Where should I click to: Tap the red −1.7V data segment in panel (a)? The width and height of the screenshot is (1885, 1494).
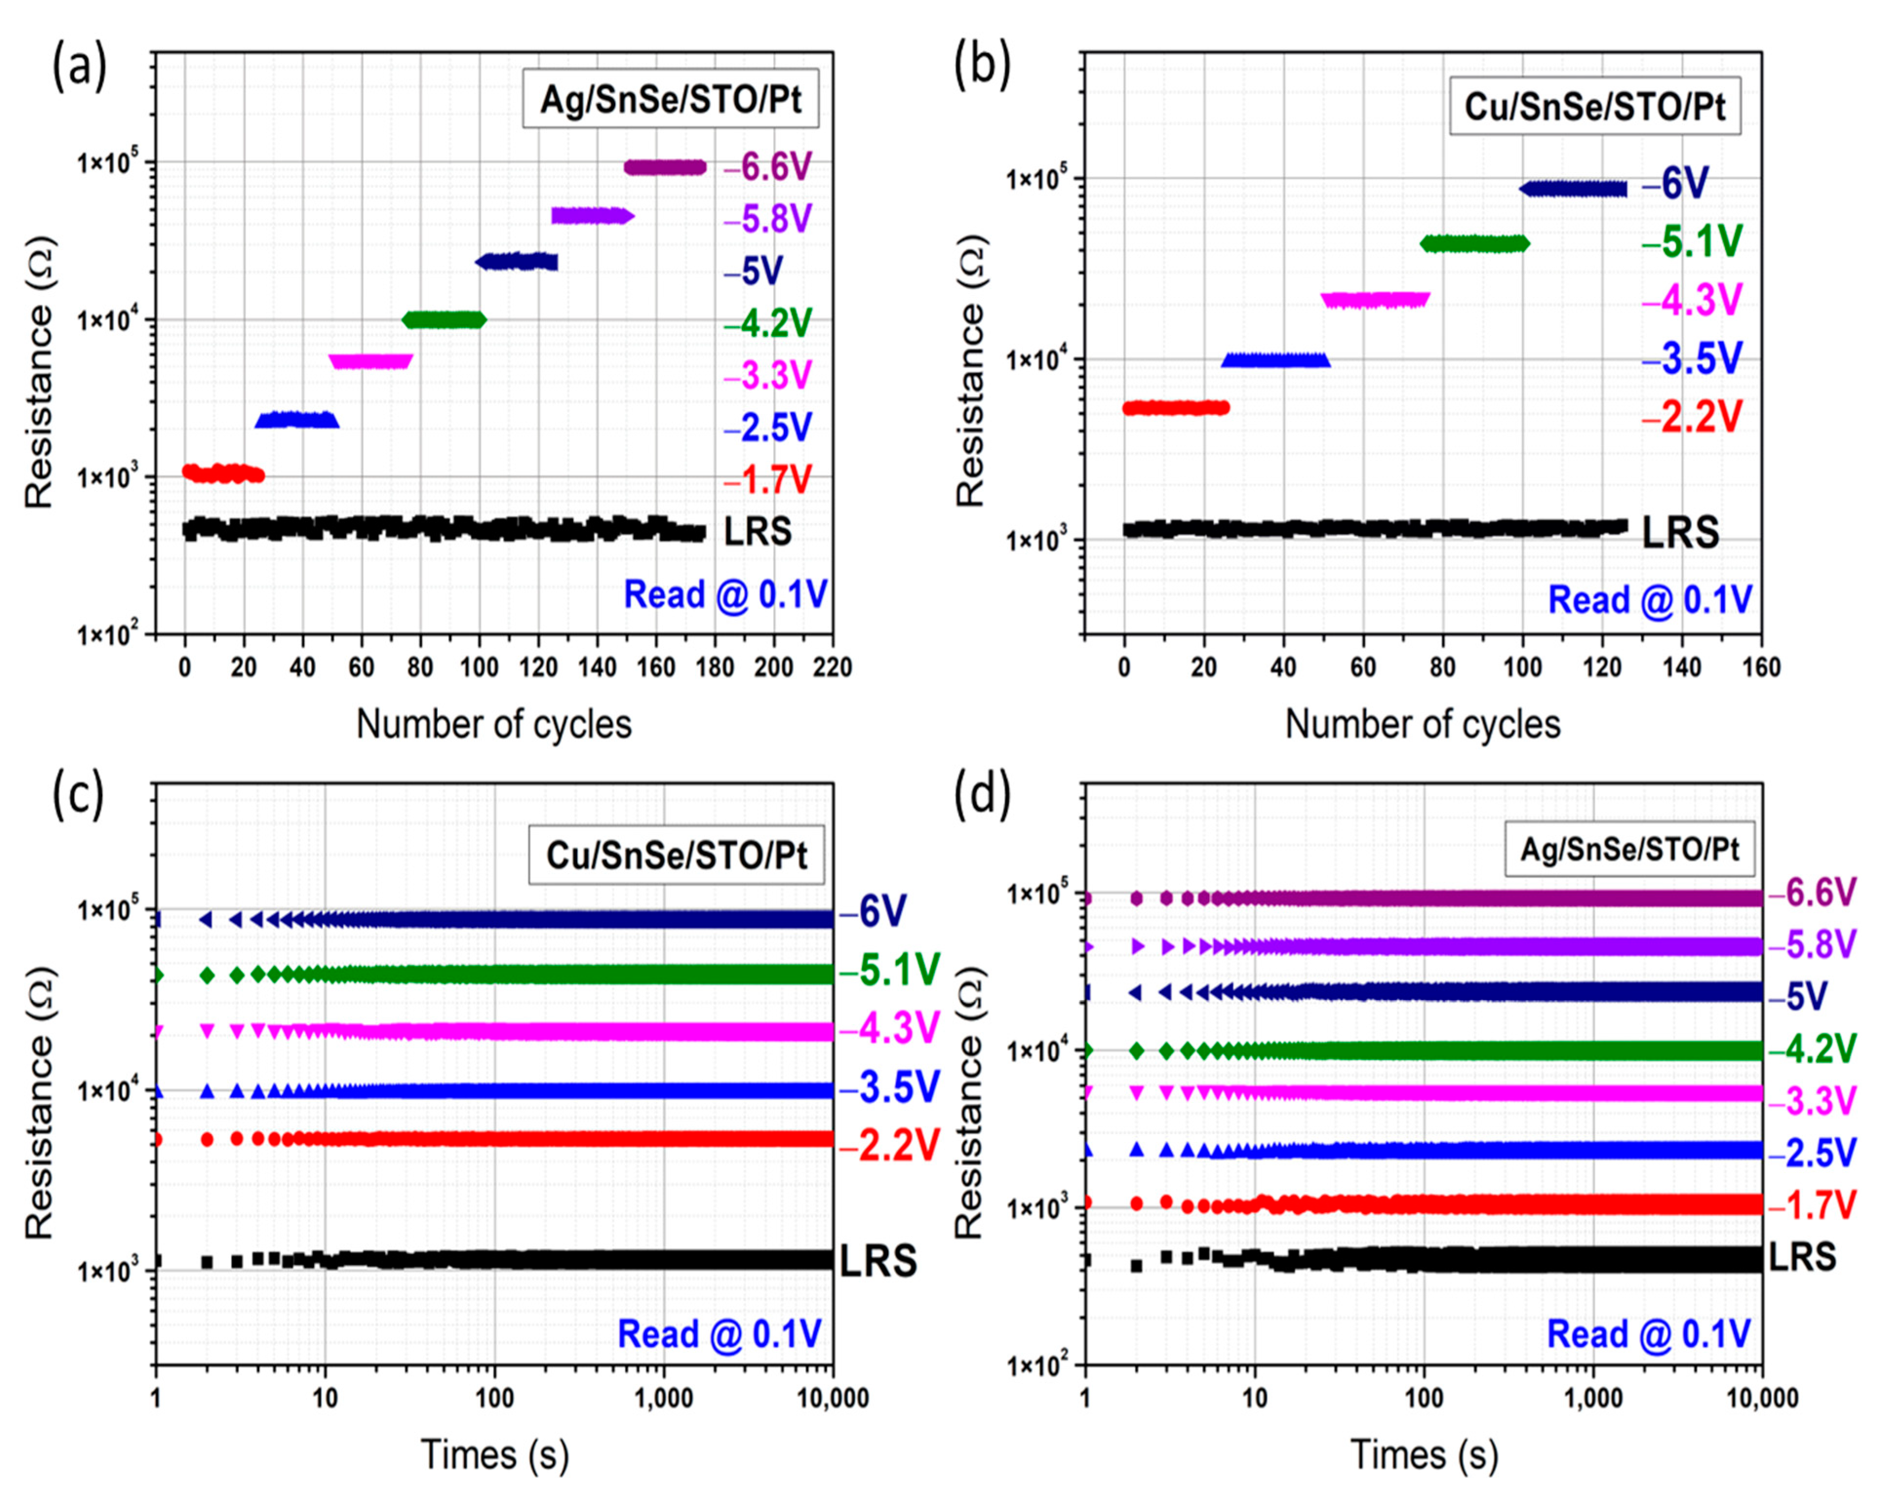pos(222,473)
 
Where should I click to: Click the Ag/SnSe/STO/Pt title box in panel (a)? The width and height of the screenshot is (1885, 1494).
pos(671,100)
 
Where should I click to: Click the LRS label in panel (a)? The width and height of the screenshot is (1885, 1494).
pos(757,531)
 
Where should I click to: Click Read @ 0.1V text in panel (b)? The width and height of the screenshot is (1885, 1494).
pos(1650,600)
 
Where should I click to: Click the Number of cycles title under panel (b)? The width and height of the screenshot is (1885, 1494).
pos(1422,724)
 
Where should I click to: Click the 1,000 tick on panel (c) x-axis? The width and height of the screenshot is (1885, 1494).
pos(663,1398)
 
